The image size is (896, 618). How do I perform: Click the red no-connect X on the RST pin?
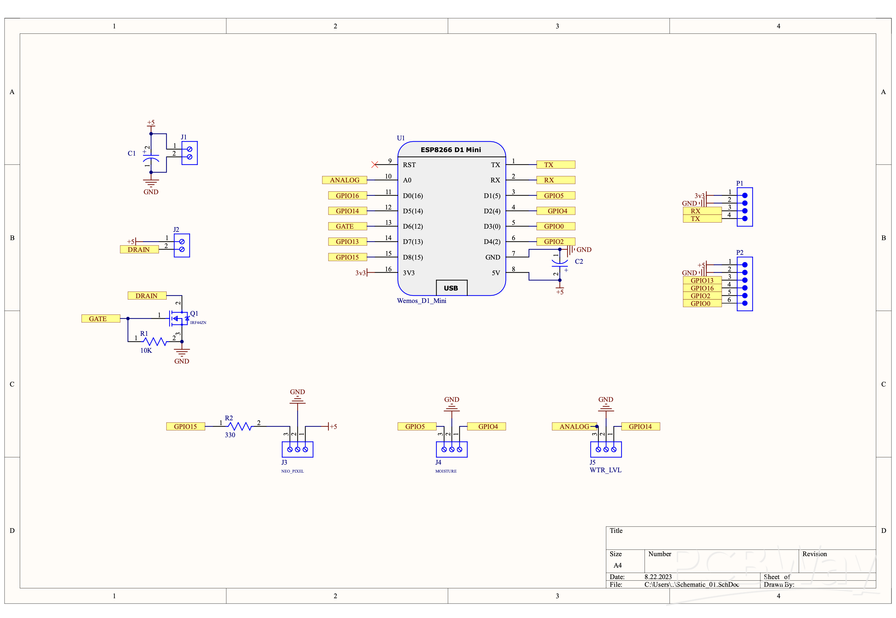click(374, 165)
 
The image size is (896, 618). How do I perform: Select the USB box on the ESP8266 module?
click(451, 288)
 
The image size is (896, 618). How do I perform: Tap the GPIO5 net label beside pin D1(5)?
click(555, 195)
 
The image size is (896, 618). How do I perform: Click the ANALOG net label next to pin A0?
click(344, 180)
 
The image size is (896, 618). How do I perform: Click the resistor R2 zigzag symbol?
click(239, 426)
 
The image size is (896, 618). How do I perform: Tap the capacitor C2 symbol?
click(559, 262)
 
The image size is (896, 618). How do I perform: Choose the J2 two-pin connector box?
click(182, 246)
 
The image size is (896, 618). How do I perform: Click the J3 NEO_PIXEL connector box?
click(297, 449)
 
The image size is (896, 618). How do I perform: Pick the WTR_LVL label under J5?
click(605, 470)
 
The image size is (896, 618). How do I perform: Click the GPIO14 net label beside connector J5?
click(640, 426)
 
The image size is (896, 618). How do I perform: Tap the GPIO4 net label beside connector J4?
click(486, 426)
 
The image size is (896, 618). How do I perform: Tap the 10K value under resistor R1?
click(146, 350)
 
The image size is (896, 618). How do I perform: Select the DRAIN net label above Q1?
click(146, 295)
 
